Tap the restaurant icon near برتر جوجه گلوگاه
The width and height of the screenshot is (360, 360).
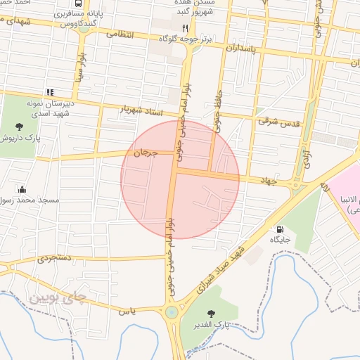[186, 28]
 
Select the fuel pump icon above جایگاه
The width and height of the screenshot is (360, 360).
[281, 229]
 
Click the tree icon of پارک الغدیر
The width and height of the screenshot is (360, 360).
[210, 314]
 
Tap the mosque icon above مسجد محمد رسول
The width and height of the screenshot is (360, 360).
[22, 189]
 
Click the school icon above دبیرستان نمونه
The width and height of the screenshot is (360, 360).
[49, 91]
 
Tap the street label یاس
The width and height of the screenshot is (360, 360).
[127, 310]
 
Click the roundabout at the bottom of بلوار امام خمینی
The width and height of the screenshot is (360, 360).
[171, 312]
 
